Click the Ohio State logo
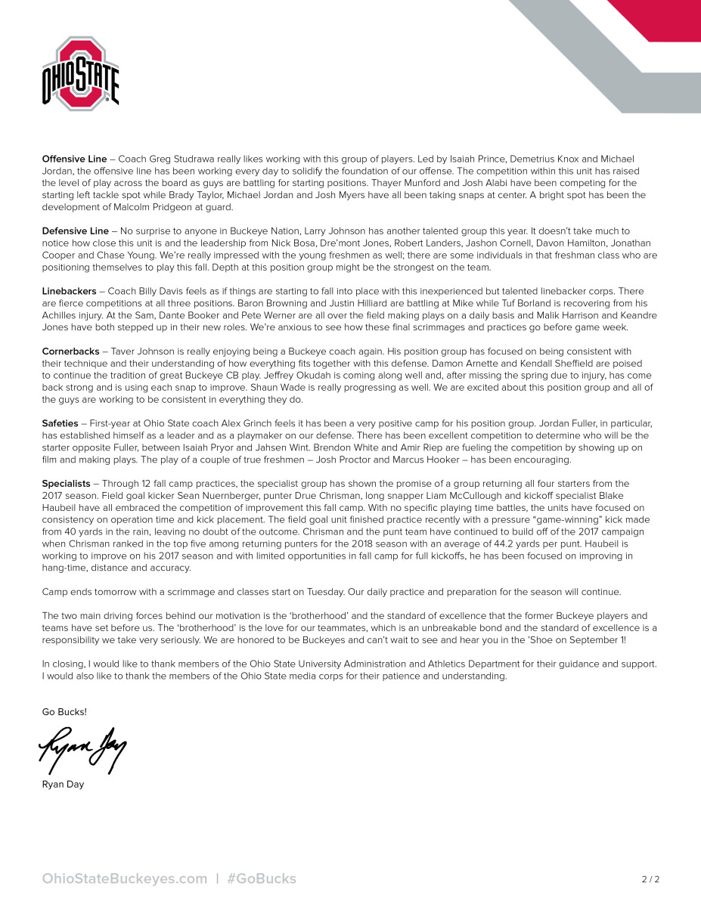[80, 73]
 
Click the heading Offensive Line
[74, 159]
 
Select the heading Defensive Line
[75, 231]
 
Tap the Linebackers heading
[69, 291]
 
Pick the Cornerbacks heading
[70, 351]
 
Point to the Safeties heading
[60, 423]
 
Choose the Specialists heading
[66, 483]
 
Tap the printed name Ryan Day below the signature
[63, 785]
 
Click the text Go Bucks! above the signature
[64, 712]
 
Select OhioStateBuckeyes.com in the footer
[125, 878]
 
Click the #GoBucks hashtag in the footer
[262, 878]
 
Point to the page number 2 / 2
[650, 879]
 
